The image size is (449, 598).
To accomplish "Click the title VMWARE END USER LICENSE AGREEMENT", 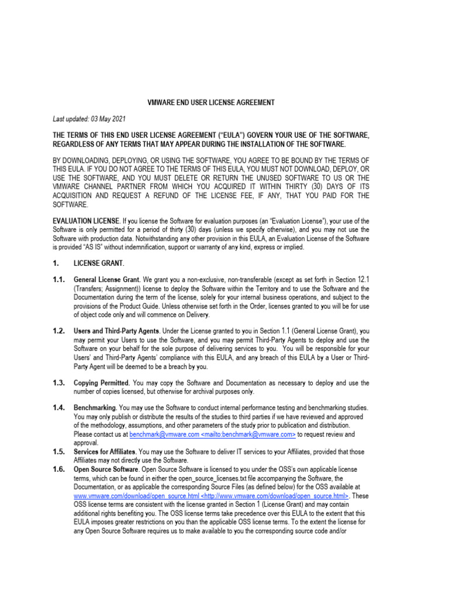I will point(210,103).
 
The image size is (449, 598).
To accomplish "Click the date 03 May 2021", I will point(108,119).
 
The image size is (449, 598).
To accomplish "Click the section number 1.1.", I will point(58,280).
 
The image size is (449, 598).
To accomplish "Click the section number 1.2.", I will point(58,331).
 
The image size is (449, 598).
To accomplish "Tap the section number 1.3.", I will point(58,383).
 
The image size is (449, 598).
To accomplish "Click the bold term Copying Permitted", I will point(102,383).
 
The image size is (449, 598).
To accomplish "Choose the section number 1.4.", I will point(58,406).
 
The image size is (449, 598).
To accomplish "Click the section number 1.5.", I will point(58,452).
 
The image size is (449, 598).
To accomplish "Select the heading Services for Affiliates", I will point(106,452).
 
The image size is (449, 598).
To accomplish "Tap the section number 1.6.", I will point(58,469).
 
